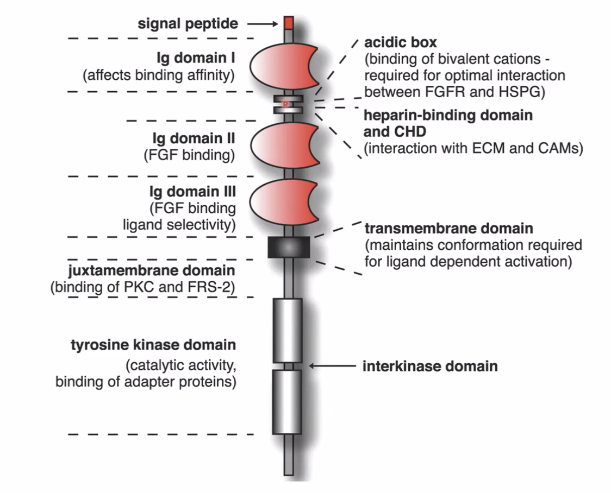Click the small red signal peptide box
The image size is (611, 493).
(288, 23)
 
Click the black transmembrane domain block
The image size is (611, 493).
(289, 247)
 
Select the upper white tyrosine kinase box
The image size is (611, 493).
(287, 330)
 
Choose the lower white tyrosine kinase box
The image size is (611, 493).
(287, 402)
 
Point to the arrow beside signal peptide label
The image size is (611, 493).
(262, 24)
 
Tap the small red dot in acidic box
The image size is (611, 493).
(285, 103)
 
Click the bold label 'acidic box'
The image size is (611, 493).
(401, 43)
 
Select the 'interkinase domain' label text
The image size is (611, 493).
(430, 366)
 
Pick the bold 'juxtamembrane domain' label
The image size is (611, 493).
(152, 270)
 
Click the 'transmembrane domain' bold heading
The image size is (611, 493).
(448, 228)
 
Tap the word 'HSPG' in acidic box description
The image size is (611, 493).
(522, 92)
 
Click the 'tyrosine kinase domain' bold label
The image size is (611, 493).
(153, 345)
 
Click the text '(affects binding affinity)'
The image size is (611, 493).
(159, 75)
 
